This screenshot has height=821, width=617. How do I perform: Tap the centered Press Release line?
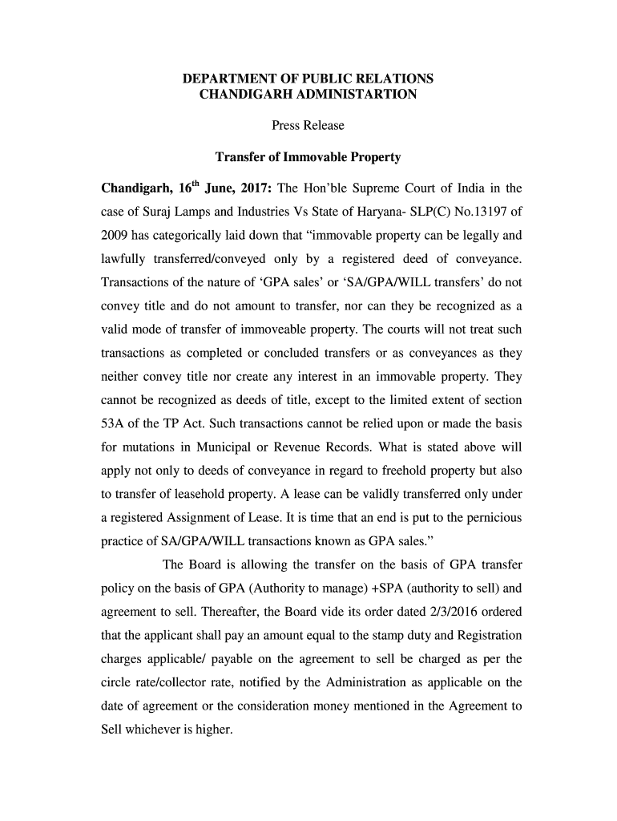pos(308,125)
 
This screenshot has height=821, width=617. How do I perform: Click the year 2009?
pos(115,237)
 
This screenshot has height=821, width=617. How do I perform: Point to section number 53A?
pos(115,423)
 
